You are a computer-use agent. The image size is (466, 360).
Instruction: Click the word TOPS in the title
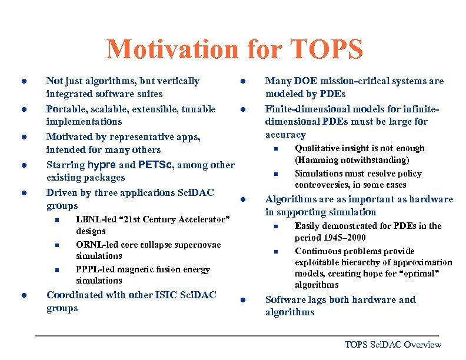tap(326, 49)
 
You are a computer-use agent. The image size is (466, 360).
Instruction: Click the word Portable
tap(66, 109)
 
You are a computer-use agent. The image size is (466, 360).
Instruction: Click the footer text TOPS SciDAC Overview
tap(392, 345)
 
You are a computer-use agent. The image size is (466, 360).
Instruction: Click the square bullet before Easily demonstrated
tap(274, 227)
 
